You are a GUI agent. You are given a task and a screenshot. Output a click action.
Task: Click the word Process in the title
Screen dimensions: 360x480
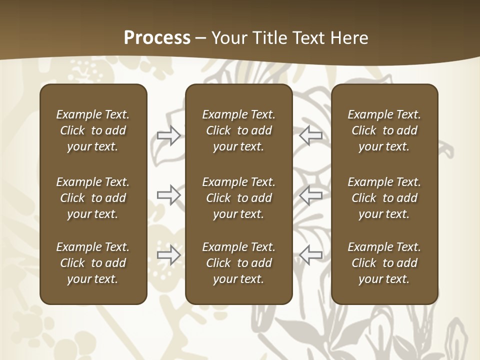pyautogui.click(x=157, y=38)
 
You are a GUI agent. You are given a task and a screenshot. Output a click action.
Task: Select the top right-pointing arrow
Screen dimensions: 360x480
pyautogui.click(x=168, y=135)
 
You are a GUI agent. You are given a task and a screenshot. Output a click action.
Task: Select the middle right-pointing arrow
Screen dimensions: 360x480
pyautogui.click(x=168, y=195)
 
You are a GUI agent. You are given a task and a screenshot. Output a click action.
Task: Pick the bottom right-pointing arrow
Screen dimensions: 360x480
pyautogui.click(x=168, y=255)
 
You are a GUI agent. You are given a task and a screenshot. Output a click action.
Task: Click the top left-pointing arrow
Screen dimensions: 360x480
pyautogui.click(x=311, y=135)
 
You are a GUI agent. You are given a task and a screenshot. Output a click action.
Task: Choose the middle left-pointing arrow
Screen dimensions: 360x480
pyautogui.click(x=311, y=195)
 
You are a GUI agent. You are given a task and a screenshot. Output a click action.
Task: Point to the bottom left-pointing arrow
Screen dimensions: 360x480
pyautogui.click(x=311, y=255)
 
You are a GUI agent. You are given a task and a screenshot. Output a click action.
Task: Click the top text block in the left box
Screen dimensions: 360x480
pyautogui.click(x=93, y=130)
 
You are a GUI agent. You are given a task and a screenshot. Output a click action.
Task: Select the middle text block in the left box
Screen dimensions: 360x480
pyautogui.click(x=93, y=198)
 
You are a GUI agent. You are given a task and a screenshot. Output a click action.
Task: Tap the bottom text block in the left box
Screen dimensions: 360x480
pyautogui.click(x=93, y=263)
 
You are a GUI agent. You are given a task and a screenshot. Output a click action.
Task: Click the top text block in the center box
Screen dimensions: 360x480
pyautogui.click(x=238, y=130)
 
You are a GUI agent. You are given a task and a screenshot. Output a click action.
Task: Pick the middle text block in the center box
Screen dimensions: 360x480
pyautogui.click(x=238, y=198)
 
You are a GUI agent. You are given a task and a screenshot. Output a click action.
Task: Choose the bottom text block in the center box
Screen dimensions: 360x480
pyautogui.click(x=238, y=263)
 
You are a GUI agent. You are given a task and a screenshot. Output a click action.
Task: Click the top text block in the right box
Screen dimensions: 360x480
pyautogui.click(x=384, y=130)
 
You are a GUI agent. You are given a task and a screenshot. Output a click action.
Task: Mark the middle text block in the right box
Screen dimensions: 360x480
pyautogui.click(x=384, y=198)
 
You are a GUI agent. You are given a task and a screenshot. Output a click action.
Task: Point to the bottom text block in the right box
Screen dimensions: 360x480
pyautogui.click(x=384, y=263)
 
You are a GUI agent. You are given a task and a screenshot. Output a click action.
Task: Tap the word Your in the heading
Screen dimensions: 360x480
pyautogui.click(x=228, y=38)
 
